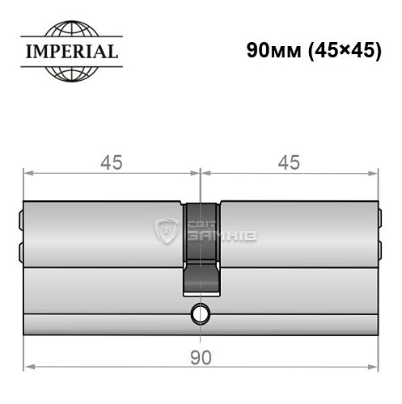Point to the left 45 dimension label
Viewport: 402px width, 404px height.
click(x=111, y=162)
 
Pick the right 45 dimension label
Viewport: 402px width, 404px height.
click(x=289, y=162)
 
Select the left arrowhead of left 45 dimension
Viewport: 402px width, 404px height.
click(x=28, y=172)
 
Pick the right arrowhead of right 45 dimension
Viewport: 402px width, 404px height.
click(x=373, y=172)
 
